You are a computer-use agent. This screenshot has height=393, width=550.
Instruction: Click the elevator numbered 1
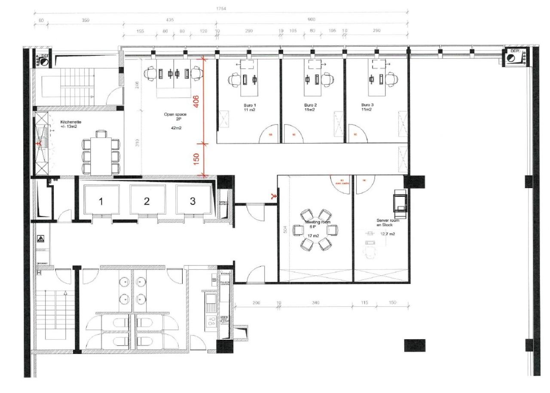pos(101,201)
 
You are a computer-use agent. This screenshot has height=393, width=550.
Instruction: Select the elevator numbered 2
pos(147,201)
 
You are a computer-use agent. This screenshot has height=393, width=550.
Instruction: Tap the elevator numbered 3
pos(192,201)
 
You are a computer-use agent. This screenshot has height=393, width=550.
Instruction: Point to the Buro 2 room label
pos(310,107)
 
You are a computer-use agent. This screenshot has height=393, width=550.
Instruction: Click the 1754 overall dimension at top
pos(221,9)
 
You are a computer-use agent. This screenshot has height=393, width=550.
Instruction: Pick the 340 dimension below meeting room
pos(315,303)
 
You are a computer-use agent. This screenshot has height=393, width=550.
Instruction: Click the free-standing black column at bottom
pos(415,345)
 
